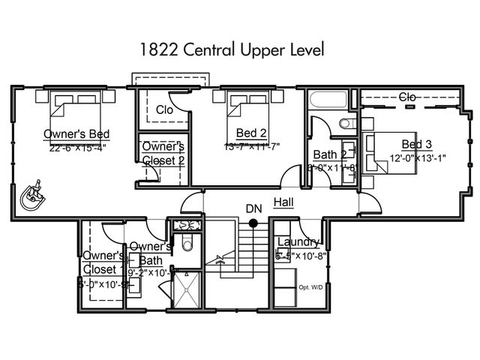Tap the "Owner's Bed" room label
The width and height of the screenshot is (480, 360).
click(x=76, y=134)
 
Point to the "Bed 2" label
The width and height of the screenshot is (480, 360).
click(x=252, y=133)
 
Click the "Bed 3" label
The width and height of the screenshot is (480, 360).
click(x=416, y=144)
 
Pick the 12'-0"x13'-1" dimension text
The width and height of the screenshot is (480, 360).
click(x=417, y=157)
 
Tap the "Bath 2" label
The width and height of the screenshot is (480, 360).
click(x=329, y=154)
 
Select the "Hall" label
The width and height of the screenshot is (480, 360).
click(x=283, y=202)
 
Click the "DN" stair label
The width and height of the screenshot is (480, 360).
click(x=253, y=208)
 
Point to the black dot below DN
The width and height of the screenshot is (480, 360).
click(x=253, y=223)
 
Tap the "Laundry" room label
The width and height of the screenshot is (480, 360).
click(x=298, y=241)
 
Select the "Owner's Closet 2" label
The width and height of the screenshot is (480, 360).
click(x=163, y=153)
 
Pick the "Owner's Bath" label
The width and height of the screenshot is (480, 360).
click(x=151, y=253)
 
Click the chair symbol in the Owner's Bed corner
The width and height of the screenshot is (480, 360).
click(x=33, y=196)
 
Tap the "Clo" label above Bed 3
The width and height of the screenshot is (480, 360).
click(x=408, y=97)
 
